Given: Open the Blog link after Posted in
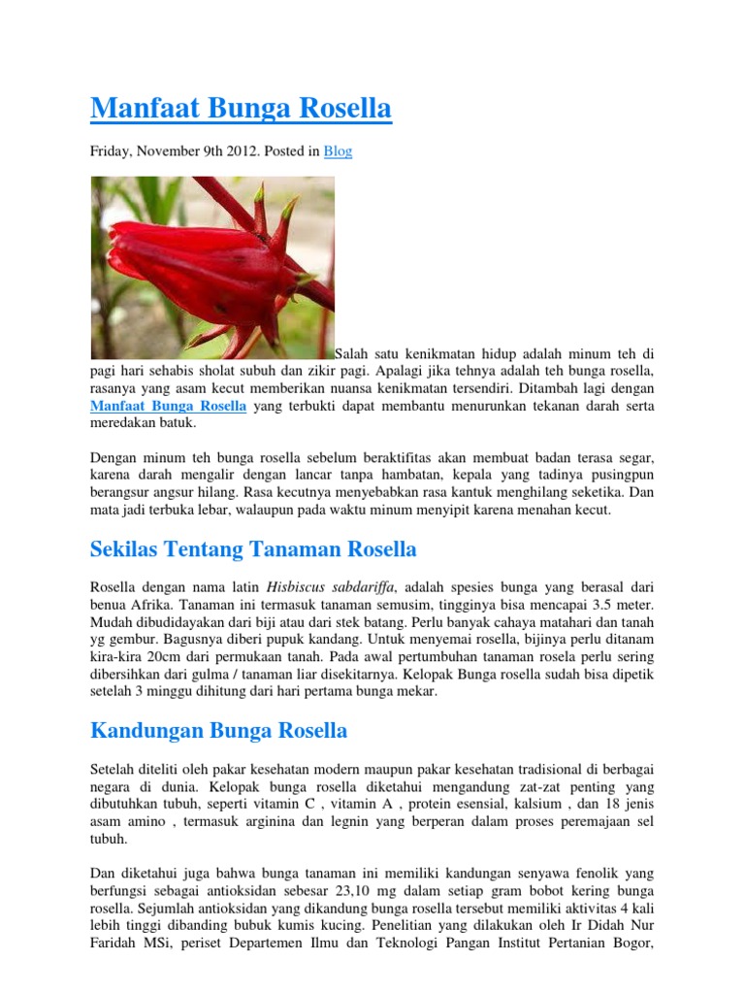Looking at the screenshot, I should point(338,151).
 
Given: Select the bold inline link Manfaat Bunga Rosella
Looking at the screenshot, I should point(169,406).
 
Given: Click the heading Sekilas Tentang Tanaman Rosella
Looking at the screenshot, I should point(253,549).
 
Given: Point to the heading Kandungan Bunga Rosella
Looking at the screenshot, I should point(218,730).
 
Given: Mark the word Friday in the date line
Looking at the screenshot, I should point(110,151).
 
